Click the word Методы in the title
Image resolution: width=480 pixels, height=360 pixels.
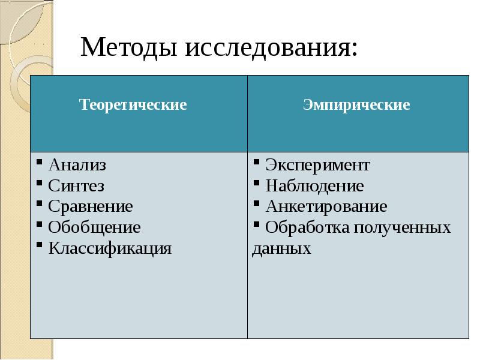128,48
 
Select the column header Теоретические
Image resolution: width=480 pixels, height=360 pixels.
133,104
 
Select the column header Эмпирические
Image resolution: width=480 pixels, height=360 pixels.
356,104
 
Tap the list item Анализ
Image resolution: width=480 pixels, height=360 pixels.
77,165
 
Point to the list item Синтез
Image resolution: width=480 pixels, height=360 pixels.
76,186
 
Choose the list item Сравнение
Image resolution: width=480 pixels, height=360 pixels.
91,206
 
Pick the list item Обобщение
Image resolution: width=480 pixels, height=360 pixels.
94,227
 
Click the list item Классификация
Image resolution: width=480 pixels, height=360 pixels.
110,248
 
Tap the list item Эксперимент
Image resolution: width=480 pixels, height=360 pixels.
318,166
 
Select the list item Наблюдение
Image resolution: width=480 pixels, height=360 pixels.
314,186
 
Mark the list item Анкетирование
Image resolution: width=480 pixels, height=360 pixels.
326,206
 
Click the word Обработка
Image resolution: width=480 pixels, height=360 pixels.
307,227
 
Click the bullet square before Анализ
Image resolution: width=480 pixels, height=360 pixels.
39,161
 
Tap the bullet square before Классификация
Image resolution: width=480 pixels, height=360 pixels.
39,245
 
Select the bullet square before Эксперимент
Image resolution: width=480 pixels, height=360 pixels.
257,161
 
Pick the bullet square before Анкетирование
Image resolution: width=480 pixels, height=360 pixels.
257,203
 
